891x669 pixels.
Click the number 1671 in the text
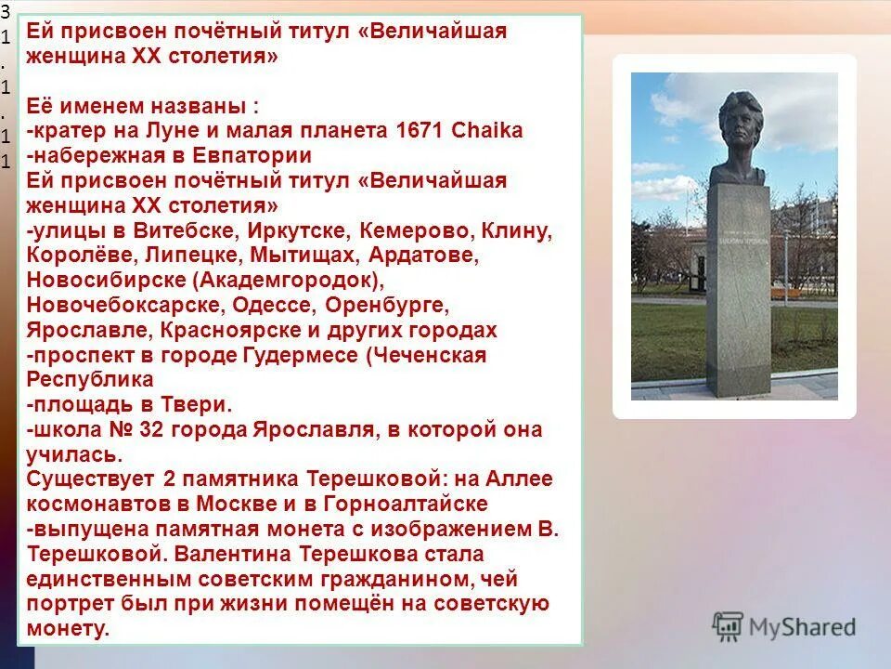420,130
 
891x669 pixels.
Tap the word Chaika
487,130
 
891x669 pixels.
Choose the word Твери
196,404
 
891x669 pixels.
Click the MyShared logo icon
728,625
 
